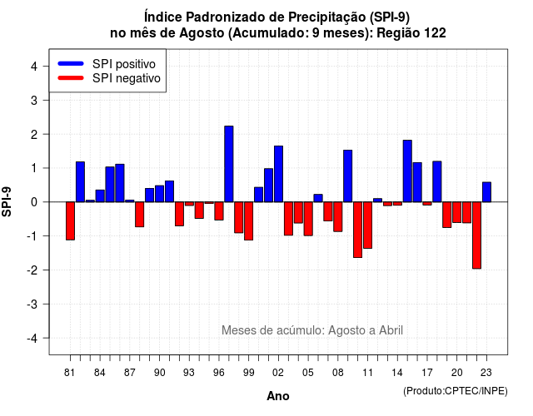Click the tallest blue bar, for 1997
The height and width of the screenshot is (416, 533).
click(x=229, y=164)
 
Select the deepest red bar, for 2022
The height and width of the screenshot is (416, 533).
click(x=476, y=235)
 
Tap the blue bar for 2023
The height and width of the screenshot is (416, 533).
click(x=486, y=192)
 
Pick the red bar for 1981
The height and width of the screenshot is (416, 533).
click(x=70, y=221)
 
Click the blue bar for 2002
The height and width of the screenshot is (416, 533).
click(x=278, y=174)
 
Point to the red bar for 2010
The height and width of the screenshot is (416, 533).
click(x=357, y=230)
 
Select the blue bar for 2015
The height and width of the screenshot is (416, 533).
click(x=407, y=171)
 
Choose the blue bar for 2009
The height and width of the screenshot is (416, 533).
click(x=348, y=176)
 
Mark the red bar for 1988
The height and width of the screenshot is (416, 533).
click(x=139, y=215)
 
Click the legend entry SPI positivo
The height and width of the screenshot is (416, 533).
click(x=124, y=64)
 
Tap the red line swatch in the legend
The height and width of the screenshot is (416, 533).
click(x=71, y=78)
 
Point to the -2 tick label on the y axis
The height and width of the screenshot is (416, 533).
click(x=33, y=270)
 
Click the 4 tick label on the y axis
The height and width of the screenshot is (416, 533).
click(x=34, y=67)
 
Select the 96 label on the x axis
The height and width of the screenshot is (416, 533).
click(x=218, y=373)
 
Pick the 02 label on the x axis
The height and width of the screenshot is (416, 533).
click(x=278, y=373)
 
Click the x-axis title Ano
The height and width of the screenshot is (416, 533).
click(x=278, y=396)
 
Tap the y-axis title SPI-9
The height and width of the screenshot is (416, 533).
click(x=7, y=201)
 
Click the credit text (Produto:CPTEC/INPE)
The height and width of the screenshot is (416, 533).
click(x=456, y=391)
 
